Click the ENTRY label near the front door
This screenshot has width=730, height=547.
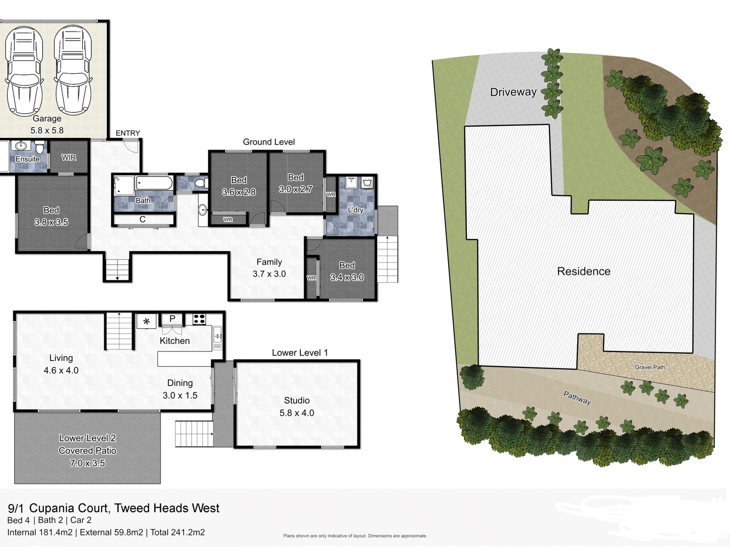click(x=128, y=133)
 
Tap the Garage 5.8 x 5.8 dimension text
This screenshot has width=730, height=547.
click(x=47, y=130)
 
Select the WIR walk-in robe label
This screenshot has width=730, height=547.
click(x=69, y=158)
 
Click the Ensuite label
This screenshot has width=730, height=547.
click(x=27, y=159)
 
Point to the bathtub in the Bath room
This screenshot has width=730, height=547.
click(x=154, y=183)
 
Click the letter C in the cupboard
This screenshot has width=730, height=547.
click(x=143, y=219)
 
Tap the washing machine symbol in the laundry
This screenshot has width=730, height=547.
click(x=367, y=182)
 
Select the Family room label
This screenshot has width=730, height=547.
click(x=269, y=262)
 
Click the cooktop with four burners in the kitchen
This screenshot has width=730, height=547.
click(x=199, y=319)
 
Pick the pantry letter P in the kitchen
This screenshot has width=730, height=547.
click(x=172, y=318)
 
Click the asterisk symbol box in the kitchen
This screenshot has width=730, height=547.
click(x=146, y=321)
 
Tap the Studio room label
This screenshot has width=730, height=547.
click(x=297, y=400)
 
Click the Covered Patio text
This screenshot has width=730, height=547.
click(x=88, y=451)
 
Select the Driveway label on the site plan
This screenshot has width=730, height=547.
click(x=513, y=92)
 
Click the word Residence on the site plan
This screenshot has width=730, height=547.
click(x=584, y=271)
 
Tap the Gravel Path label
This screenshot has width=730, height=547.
click(x=650, y=367)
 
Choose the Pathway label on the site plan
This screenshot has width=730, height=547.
click(x=577, y=398)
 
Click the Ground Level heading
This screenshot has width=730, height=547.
click(x=269, y=142)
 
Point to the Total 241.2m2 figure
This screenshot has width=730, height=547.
click(x=177, y=532)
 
